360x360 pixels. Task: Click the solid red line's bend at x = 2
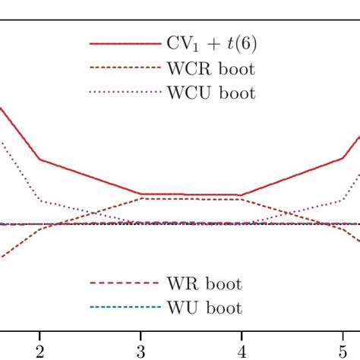39,159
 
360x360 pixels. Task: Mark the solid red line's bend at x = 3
141,194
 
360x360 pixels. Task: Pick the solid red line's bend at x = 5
343,159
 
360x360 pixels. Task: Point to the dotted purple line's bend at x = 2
39,201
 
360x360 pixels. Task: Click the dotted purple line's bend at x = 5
343,201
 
